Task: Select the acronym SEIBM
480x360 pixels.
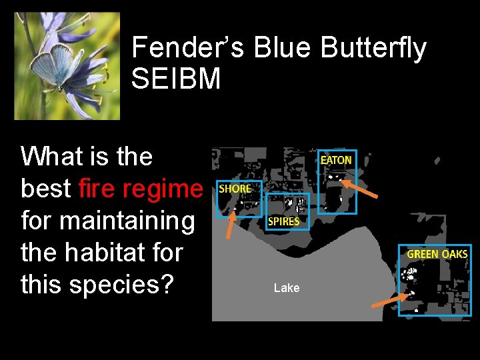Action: pos(176,79)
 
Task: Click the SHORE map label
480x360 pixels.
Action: pos(235,189)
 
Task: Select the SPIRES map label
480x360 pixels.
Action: pos(283,221)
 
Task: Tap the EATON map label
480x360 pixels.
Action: pos(336,160)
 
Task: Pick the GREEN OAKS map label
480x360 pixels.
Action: pos(437,254)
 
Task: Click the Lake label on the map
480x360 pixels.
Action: pos(287,288)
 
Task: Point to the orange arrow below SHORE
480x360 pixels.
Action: pos(229,225)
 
